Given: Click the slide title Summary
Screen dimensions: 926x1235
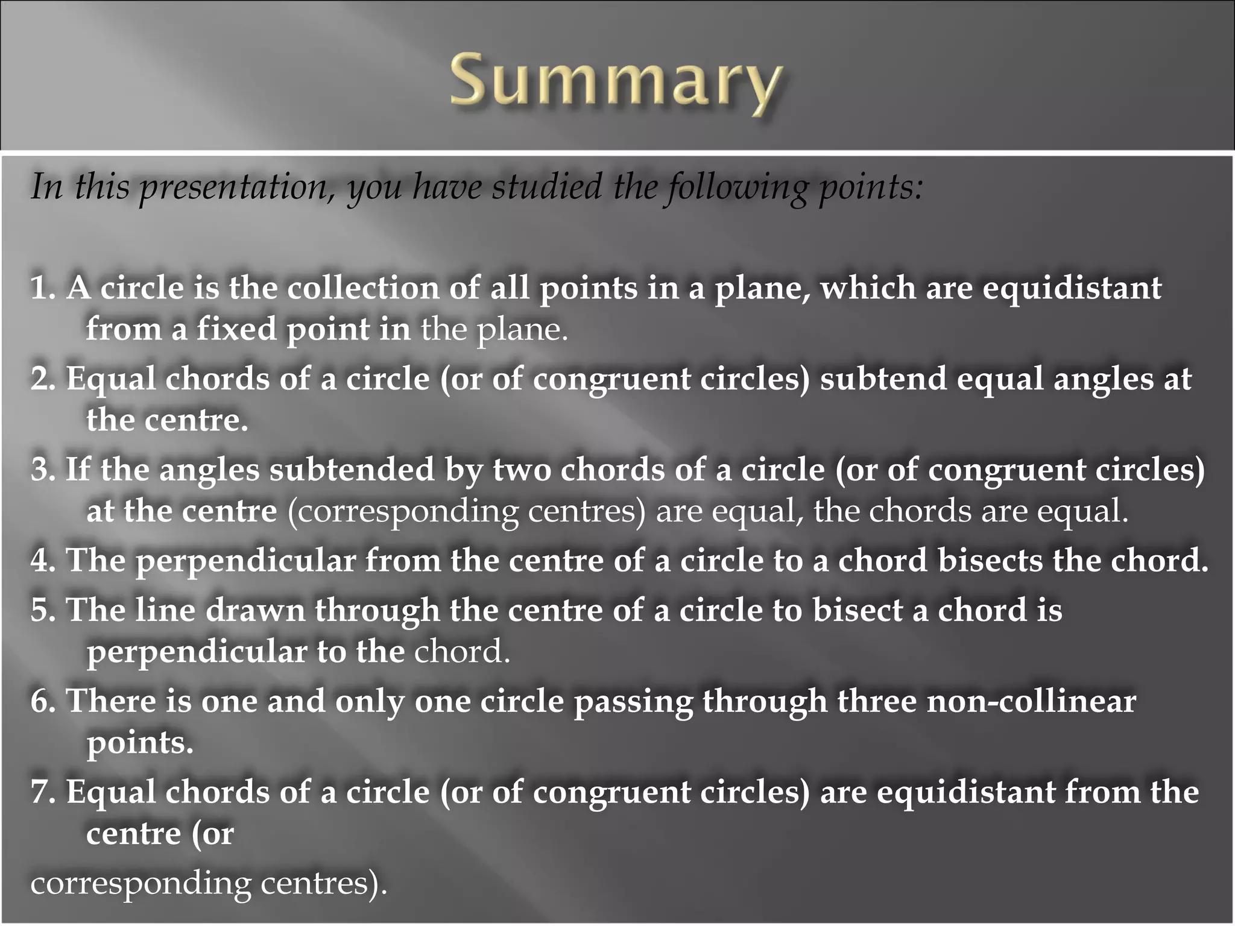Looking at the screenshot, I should point(616,83).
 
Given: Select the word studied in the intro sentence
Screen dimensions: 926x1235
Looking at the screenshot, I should point(546,187).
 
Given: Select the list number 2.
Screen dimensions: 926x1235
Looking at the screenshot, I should point(42,379).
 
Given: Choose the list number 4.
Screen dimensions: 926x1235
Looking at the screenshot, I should point(42,561).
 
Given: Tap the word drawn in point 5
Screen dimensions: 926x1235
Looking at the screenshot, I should point(256,610).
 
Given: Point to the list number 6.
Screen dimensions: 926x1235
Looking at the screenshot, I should point(42,701).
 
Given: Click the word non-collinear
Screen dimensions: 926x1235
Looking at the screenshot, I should point(1031,701).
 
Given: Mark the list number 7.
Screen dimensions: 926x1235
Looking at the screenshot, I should point(42,792).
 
